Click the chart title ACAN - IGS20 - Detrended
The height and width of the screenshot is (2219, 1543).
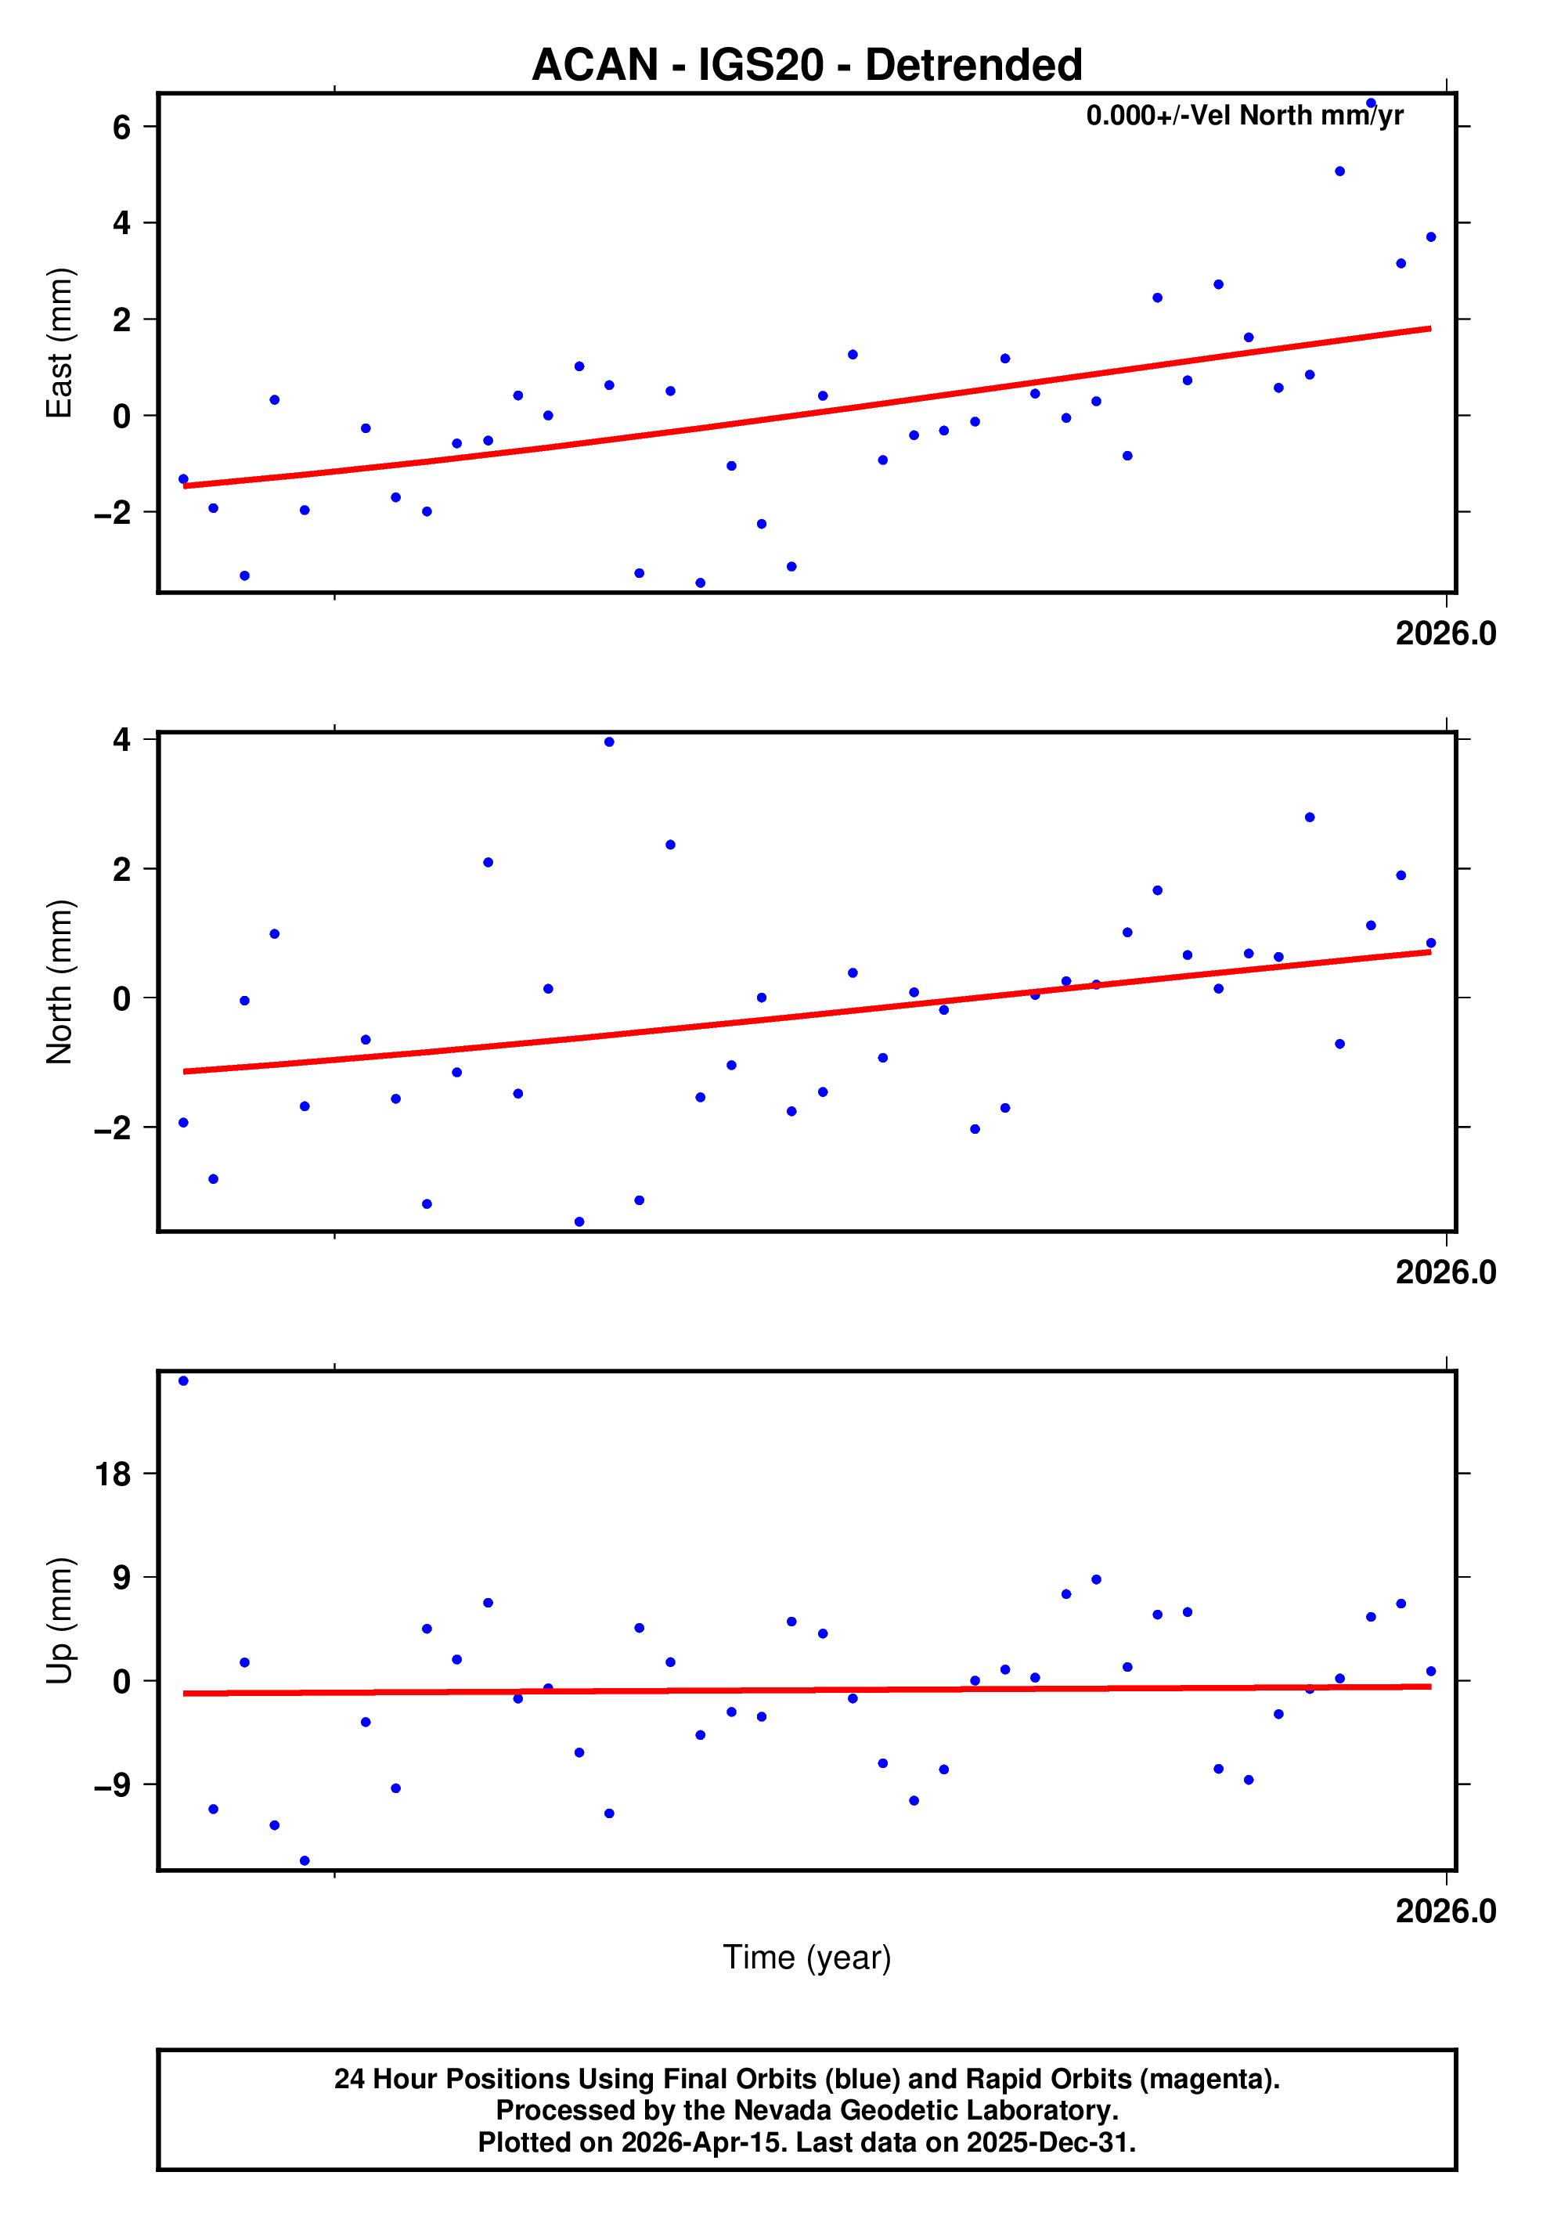click(x=807, y=66)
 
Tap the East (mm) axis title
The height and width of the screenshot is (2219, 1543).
click(x=60, y=343)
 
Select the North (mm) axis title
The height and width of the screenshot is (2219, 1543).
click(x=60, y=981)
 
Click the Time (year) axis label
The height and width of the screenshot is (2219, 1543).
click(x=807, y=1957)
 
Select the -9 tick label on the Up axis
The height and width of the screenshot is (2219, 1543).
click(x=112, y=1785)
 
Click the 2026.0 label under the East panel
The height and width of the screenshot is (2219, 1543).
click(x=1445, y=634)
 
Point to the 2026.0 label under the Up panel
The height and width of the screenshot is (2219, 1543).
click(x=1445, y=1911)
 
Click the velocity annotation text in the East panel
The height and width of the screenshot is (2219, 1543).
click(x=1245, y=116)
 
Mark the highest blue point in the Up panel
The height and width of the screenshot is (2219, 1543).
click(x=183, y=1381)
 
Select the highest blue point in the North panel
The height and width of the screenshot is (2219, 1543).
click(x=609, y=742)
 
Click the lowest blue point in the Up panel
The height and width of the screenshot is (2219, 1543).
click(x=305, y=1860)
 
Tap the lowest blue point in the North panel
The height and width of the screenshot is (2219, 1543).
click(x=579, y=1222)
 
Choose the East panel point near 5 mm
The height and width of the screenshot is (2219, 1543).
click(x=1339, y=171)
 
